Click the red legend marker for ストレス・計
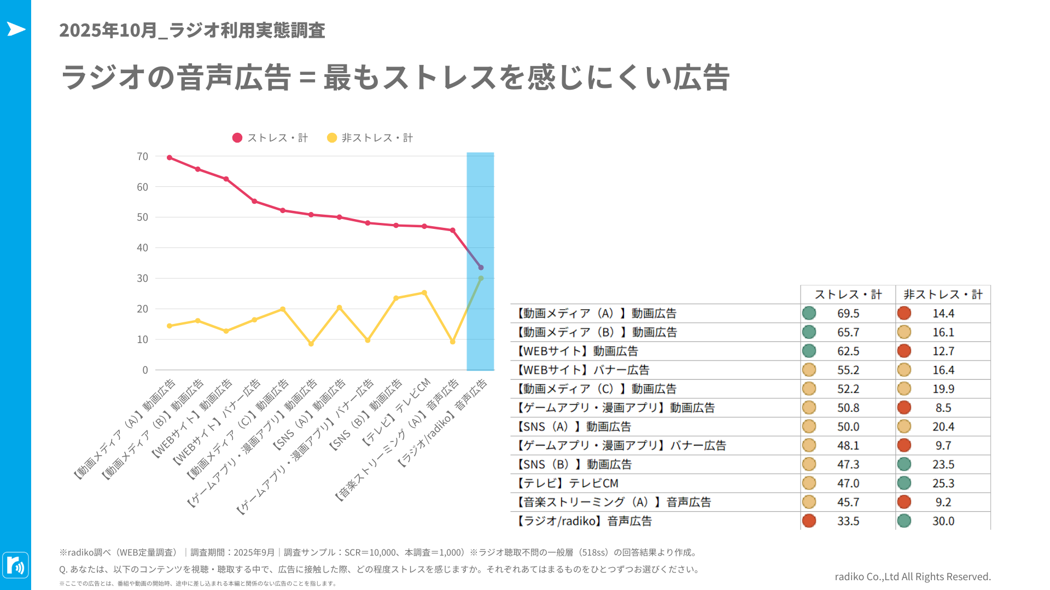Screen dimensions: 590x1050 (237, 138)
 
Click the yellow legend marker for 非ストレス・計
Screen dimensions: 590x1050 (332, 138)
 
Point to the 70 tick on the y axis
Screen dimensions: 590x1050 (142, 157)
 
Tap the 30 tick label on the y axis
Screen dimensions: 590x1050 (142, 279)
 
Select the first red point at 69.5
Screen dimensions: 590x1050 (170, 158)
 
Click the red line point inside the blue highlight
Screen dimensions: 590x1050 (481, 268)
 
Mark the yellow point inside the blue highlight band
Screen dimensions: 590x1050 (481, 279)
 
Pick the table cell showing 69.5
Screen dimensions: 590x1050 (848, 314)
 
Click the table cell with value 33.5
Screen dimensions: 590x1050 (848, 521)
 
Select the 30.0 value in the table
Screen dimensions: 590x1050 (943, 521)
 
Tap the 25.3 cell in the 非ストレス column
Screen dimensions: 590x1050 (943, 483)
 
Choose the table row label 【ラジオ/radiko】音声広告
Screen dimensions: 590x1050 (584, 521)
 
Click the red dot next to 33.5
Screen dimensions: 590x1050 (809, 521)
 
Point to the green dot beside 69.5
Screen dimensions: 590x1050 (809, 314)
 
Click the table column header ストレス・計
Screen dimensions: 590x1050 (848, 295)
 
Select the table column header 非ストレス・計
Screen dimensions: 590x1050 (943, 295)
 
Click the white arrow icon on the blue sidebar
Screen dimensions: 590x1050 (16, 29)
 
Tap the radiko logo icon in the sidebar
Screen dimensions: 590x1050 (15, 565)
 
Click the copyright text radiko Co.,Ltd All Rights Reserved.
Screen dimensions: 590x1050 (912, 577)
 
